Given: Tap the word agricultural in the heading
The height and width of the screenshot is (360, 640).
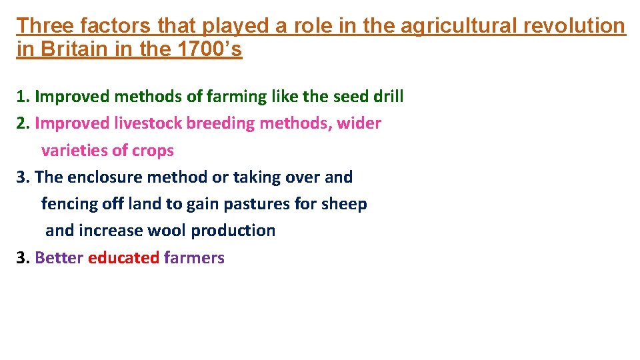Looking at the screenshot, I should [458, 26].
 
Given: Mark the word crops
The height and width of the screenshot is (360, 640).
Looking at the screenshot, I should [153, 151].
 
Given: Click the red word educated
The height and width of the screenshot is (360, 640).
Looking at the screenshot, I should [123, 258].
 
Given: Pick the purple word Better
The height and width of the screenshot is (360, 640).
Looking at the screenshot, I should [59, 258].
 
